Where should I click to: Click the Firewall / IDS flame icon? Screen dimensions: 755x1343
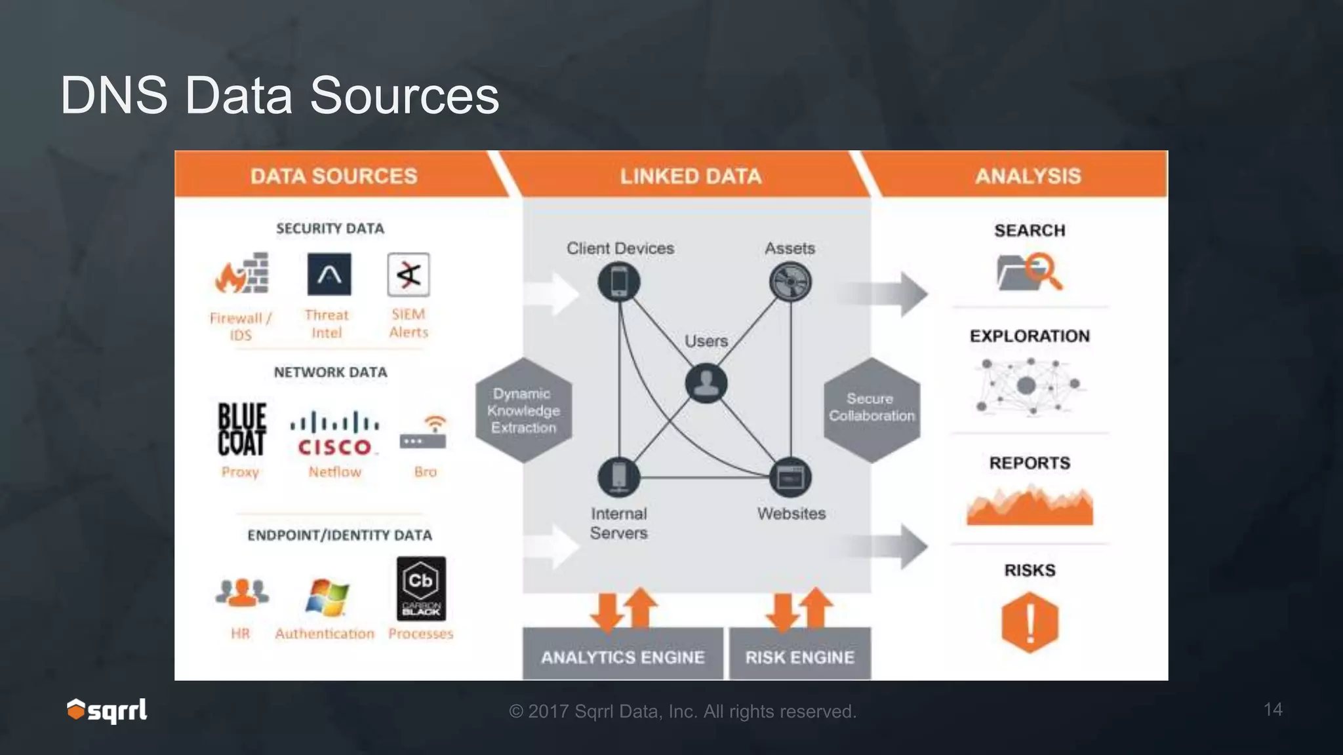point(241,274)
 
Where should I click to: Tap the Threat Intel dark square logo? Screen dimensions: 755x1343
point(329,275)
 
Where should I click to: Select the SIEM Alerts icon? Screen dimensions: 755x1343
point(409,275)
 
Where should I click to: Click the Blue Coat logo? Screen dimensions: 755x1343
point(241,429)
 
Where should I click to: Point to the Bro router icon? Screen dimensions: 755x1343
point(424,433)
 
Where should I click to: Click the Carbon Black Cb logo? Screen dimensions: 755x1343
point(421,589)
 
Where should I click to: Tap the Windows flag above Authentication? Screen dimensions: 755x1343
point(327,596)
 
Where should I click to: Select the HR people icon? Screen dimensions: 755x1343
point(241,592)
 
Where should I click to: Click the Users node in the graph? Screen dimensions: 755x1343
point(706,383)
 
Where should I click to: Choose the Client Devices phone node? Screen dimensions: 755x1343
point(619,282)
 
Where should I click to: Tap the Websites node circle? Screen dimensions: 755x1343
point(790,477)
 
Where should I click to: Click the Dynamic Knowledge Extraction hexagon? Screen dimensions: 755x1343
point(523,410)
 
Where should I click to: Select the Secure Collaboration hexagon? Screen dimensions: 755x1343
point(872,408)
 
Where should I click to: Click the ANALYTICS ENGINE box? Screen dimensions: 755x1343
point(622,656)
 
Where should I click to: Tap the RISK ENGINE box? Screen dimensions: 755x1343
point(800,656)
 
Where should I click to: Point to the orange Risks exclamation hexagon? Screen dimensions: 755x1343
point(1030,622)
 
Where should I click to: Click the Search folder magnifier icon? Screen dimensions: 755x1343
point(1029,271)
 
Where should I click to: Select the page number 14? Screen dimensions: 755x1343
point(1273,709)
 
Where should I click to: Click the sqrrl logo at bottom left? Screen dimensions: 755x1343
point(107,710)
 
